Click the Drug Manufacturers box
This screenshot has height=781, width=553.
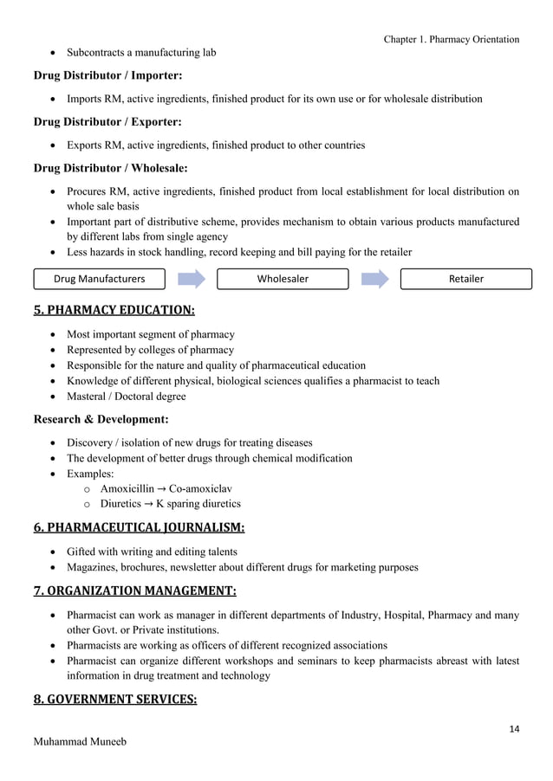click(x=99, y=279)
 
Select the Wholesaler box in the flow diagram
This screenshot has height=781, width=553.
click(x=282, y=279)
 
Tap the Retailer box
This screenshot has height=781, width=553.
click(x=465, y=279)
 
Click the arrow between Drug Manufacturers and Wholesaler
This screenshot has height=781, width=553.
click(x=190, y=279)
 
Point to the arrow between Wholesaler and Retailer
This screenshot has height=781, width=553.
click(x=374, y=279)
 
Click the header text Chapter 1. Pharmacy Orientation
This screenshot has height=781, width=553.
click(x=451, y=39)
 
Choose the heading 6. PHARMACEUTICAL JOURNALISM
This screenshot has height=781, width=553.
click(x=139, y=526)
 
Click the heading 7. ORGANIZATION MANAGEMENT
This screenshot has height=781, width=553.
click(x=134, y=591)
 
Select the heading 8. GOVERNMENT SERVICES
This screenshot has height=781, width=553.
click(x=115, y=699)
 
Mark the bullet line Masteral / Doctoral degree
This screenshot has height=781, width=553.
click(x=127, y=397)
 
